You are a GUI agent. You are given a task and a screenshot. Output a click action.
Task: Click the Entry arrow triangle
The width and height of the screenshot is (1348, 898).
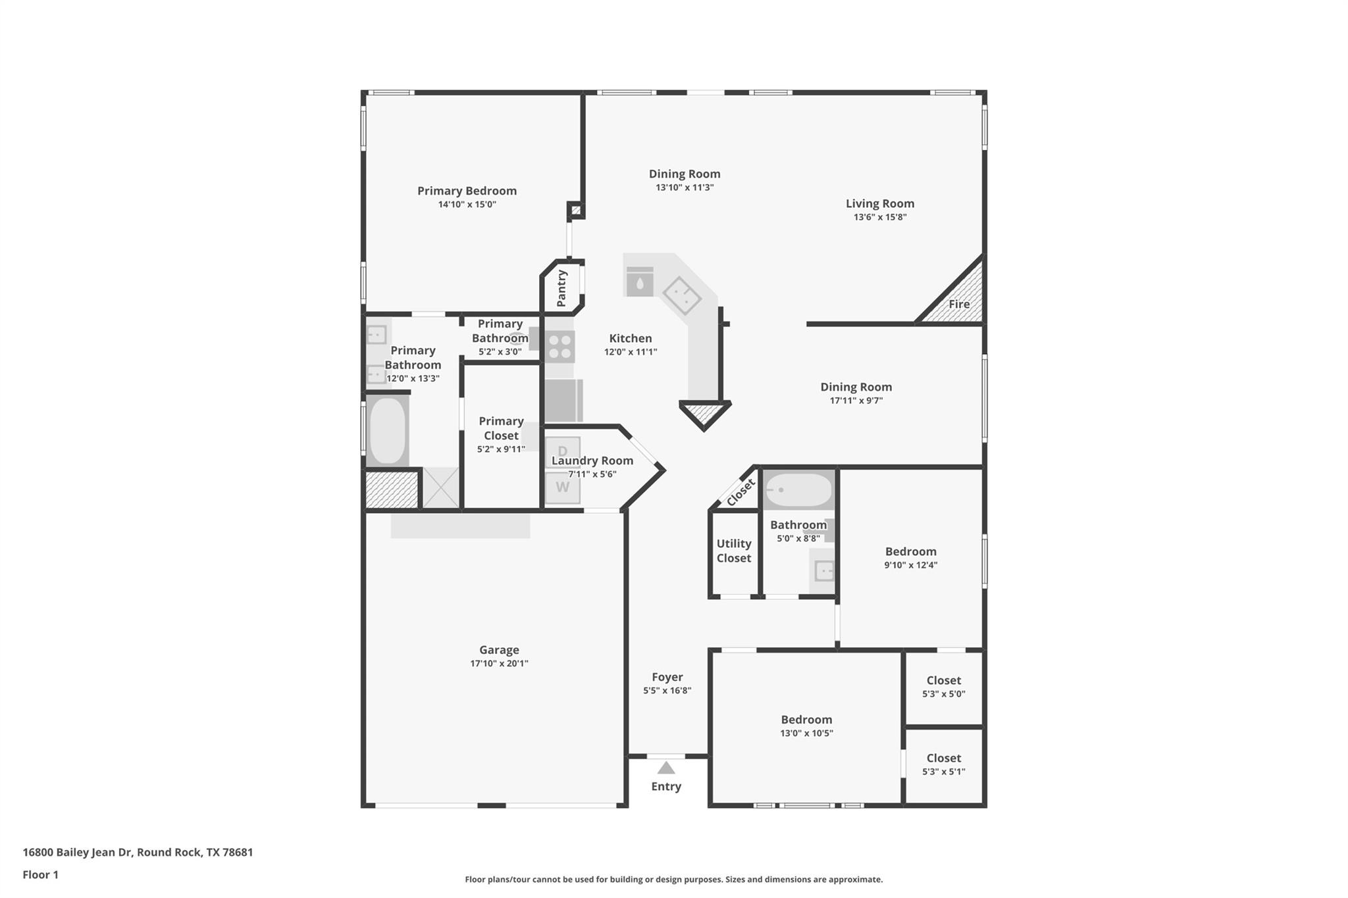click(666, 768)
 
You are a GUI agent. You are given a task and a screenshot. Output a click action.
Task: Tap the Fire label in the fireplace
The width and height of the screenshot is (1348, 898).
click(958, 304)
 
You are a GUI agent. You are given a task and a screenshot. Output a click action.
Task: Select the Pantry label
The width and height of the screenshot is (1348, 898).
click(561, 288)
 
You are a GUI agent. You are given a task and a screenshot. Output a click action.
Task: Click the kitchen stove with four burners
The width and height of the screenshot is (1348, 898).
click(559, 347)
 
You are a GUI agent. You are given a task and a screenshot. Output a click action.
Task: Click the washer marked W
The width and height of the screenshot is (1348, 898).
click(562, 487)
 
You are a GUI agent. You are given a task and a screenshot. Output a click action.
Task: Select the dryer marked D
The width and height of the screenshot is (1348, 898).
click(562, 451)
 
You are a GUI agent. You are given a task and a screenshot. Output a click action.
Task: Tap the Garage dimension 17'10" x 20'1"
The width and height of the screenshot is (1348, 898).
click(499, 663)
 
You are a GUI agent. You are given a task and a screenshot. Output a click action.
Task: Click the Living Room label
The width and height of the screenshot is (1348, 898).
click(879, 203)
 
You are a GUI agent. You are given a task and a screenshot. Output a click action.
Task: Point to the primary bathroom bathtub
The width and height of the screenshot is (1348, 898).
click(387, 431)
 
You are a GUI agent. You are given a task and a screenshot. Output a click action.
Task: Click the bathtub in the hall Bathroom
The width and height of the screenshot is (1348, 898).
click(798, 490)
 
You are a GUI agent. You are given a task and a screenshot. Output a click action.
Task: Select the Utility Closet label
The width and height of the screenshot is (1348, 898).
click(733, 551)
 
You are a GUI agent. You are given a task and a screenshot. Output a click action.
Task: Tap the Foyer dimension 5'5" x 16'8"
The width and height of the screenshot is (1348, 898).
click(667, 690)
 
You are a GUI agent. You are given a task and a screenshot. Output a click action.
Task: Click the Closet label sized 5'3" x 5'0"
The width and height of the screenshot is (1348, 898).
click(943, 680)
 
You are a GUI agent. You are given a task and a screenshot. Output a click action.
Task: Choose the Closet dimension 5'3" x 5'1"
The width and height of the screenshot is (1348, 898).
click(943, 772)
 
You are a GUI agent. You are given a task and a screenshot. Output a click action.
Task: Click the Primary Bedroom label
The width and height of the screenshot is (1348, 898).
click(467, 191)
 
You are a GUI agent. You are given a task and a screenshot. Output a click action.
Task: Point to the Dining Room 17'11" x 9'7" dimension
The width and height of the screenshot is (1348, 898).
click(856, 401)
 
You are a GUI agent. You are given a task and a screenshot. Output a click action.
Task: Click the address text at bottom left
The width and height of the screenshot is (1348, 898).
click(138, 852)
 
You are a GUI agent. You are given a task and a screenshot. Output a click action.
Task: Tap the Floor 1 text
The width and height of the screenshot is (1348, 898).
click(40, 874)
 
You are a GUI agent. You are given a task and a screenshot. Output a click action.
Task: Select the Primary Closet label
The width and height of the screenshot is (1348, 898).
click(501, 428)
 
